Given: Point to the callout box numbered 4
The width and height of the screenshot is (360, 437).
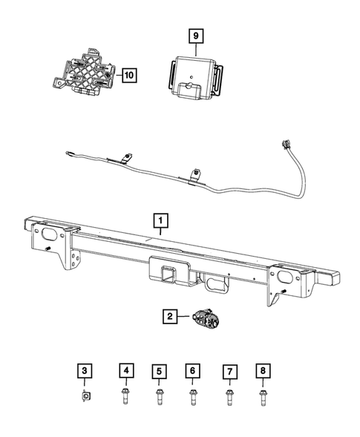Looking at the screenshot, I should (126, 371).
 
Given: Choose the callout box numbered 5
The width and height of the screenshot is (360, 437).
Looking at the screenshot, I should (159, 371).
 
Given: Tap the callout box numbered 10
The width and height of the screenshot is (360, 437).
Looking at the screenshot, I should (128, 74).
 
